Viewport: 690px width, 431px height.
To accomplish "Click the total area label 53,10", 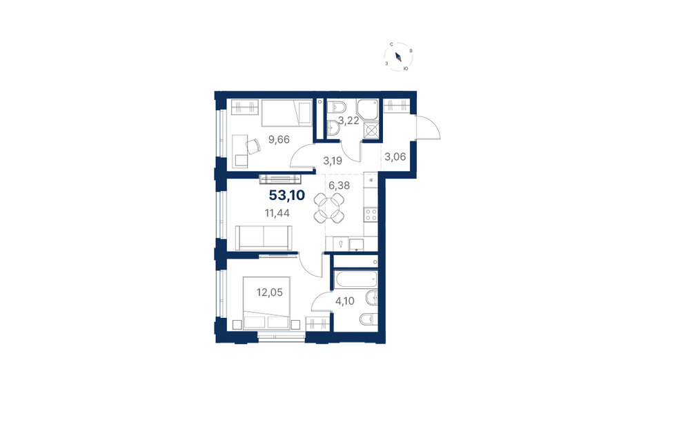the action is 287,195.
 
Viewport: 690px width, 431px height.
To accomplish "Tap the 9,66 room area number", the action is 279,140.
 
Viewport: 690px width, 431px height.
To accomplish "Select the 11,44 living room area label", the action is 277,214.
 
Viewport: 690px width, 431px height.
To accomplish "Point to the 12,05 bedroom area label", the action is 269,292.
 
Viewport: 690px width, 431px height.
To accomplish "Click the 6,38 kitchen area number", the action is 339,186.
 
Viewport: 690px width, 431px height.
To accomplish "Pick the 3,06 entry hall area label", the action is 395,157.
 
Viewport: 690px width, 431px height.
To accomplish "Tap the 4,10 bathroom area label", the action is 345,301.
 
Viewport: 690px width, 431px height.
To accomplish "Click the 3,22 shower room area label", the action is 348,121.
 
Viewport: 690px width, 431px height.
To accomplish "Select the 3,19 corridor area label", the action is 333,161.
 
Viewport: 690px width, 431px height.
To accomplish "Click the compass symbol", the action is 398,57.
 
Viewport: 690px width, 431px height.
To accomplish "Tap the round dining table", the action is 328,208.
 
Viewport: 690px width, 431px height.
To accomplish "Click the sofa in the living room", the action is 264,237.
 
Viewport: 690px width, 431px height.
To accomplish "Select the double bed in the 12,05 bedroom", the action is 266,303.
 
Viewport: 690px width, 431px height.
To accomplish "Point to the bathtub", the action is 355,280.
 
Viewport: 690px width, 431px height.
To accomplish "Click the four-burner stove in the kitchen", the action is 371,214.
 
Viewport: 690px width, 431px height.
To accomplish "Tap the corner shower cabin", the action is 368,110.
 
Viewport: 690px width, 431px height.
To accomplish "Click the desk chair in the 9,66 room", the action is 253,146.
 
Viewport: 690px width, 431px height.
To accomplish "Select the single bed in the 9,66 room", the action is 287,113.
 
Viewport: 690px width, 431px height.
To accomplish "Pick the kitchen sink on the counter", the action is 356,244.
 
